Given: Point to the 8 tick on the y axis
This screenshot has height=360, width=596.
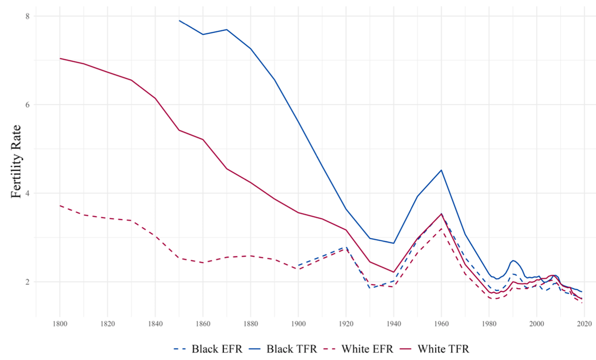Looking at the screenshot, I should pyautogui.click(x=28, y=16).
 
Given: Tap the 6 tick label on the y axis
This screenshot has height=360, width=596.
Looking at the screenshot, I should pyautogui.click(x=28, y=105).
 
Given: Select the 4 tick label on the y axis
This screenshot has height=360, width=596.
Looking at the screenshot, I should pyautogui.click(x=28, y=193).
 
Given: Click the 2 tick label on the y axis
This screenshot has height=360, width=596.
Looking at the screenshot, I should pyautogui.click(x=28, y=282).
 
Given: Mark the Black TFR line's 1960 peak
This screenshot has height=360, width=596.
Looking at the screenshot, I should pyautogui.click(x=441, y=170).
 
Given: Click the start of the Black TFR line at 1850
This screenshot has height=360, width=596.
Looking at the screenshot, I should pyautogui.click(x=179, y=20).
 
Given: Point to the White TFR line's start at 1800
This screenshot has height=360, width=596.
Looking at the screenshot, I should pyautogui.click(x=60, y=58).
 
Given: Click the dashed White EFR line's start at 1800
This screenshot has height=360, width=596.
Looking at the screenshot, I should pyautogui.click(x=60, y=205).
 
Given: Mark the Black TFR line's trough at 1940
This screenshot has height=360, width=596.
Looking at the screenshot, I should pyautogui.click(x=393, y=243).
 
